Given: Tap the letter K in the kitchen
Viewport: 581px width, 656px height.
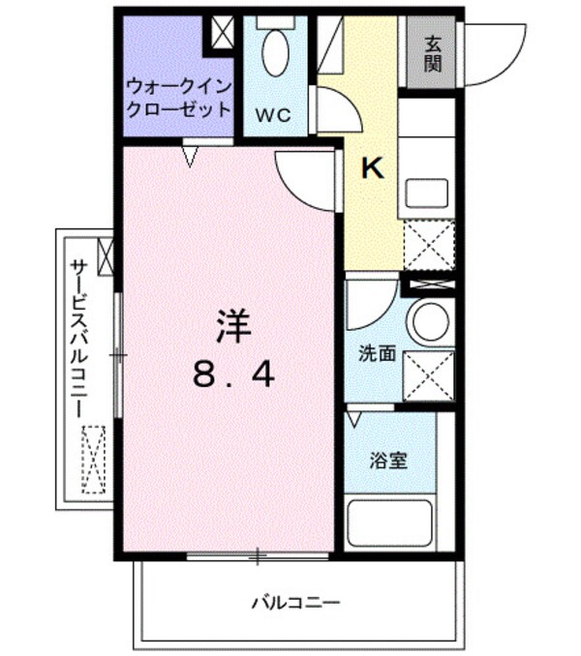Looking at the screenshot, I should coord(373,168).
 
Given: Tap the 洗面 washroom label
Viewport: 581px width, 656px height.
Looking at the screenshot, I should coord(376,353).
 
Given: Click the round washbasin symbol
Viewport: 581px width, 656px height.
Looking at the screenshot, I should coord(428,320).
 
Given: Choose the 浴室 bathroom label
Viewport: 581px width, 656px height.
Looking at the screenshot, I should coord(387,461).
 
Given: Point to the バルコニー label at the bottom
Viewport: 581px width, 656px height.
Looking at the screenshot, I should coord(295,603).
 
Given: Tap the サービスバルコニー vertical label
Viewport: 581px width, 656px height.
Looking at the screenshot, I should coord(78,334).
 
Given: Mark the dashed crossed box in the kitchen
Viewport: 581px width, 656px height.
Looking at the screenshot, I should coord(427,246).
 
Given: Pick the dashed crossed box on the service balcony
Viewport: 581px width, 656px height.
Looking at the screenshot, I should coord(93,460).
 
